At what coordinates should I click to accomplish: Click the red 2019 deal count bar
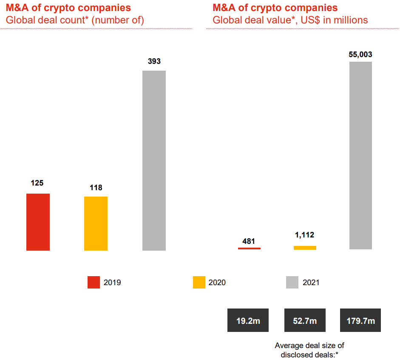pyautogui.click(x=38, y=222)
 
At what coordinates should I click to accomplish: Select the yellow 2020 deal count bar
pyautogui.click(x=96, y=223)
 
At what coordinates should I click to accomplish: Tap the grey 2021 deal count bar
pyautogui.click(x=154, y=160)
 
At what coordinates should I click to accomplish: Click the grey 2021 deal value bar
pyautogui.click(x=360, y=155)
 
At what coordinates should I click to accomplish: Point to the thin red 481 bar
pyautogui.click(x=249, y=248)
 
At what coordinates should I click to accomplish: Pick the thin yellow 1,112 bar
pyautogui.click(x=305, y=248)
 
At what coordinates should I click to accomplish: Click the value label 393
pyautogui.click(x=154, y=61)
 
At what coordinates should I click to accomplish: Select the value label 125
pyautogui.click(x=37, y=183)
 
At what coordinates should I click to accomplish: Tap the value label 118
pyautogui.click(x=96, y=187)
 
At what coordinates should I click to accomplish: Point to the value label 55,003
pyautogui.click(x=360, y=54)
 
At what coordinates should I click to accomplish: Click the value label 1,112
pyautogui.click(x=304, y=235)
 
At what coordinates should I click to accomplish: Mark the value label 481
pyautogui.click(x=249, y=241)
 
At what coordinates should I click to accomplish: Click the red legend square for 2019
pyautogui.click(x=94, y=282)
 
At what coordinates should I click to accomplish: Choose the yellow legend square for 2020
pyautogui.click(x=199, y=282)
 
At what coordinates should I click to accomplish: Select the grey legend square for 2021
pyautogui.click(x=292, y=282)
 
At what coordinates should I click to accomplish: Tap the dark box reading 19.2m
pyautogui.click(x=248, y=320)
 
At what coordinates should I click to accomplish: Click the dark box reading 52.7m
pyautogui.click(x=305, y=320)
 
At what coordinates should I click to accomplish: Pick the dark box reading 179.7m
pyautogui.click(x=360, y=320)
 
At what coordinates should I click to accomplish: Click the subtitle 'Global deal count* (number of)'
pyautogui.click(x=75, y=20)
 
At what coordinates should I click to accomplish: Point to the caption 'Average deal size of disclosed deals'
pyautogui.click(x=309, y=350)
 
